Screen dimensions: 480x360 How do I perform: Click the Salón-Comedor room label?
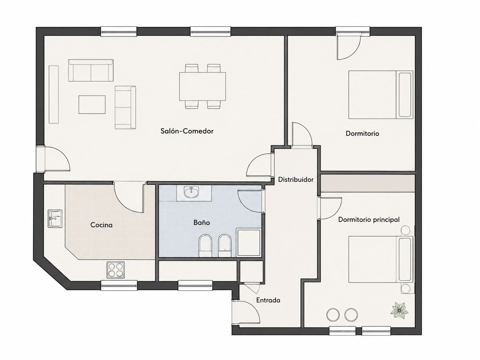(187, 131)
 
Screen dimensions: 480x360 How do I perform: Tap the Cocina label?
(101, 225)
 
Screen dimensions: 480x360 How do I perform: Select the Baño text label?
(202, 222)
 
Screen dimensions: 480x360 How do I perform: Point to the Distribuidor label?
(296, 180)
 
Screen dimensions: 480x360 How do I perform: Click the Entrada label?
(268, 300)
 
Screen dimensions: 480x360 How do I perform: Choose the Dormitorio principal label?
(369, 220)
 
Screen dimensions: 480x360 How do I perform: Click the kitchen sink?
(55, 219)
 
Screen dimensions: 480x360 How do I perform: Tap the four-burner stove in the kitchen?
(116, 270)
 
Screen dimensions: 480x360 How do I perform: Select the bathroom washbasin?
(192, 193)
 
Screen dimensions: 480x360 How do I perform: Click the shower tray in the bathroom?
(249, 243)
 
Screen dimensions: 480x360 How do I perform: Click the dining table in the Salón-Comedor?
(203, 86)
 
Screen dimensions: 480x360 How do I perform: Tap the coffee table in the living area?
(92, 105)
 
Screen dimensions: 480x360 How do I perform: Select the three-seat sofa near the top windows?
(91, 70)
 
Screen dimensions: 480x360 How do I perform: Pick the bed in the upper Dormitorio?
(381, 95)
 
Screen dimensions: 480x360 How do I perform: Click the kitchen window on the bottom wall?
(119, 285)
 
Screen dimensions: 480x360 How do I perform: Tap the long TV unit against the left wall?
(54, 94)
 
